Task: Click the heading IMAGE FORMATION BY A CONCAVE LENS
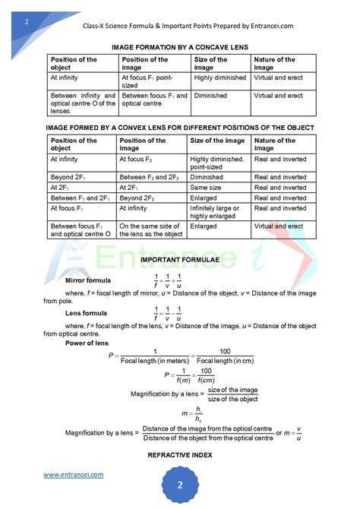pos(180,46)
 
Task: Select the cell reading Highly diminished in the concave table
pos(219,77)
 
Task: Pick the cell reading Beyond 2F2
pos(141,198)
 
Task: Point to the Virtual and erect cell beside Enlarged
pos(279,226)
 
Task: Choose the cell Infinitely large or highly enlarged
pos(216,212)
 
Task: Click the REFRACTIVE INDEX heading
pos(180,455)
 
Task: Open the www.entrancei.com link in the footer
pos(73,475)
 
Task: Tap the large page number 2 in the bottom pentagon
pos(181,485)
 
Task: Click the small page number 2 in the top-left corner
pos(27,21)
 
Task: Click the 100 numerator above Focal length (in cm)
pos(224,350)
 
